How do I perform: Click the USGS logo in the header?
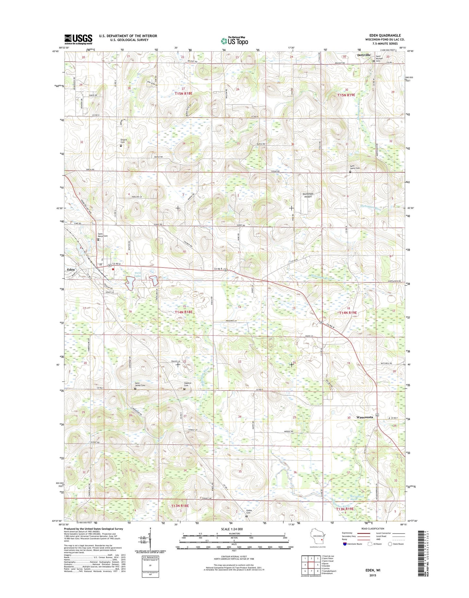tap(78, 39)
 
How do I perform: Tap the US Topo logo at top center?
tap(234, 41)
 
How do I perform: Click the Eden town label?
tap(71, 269)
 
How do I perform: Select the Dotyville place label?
tap(364, 56)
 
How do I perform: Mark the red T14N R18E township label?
tap(183, 312)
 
